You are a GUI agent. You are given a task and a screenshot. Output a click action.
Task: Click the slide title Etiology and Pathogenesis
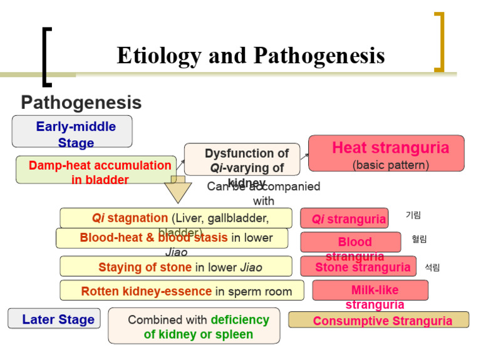251,56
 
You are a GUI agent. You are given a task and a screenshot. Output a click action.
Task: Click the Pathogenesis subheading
81,102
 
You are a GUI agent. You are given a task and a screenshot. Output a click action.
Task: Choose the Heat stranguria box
386,153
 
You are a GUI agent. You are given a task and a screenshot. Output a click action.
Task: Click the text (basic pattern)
390,165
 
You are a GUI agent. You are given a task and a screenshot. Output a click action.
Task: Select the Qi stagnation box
176,218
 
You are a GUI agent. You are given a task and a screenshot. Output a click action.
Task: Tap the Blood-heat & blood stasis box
172,238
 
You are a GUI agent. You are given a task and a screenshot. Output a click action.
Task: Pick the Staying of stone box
176,267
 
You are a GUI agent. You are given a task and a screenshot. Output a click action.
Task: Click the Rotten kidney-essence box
182,291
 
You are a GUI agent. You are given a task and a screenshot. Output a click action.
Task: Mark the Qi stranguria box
344,219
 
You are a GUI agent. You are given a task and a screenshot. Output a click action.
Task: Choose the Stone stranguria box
358,267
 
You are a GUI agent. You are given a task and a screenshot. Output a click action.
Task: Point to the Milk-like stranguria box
370,291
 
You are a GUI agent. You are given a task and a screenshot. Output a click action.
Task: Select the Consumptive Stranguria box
378,320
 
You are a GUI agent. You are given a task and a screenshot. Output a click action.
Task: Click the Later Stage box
54,319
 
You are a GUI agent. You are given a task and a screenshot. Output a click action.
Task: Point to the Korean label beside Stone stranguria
432,267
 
